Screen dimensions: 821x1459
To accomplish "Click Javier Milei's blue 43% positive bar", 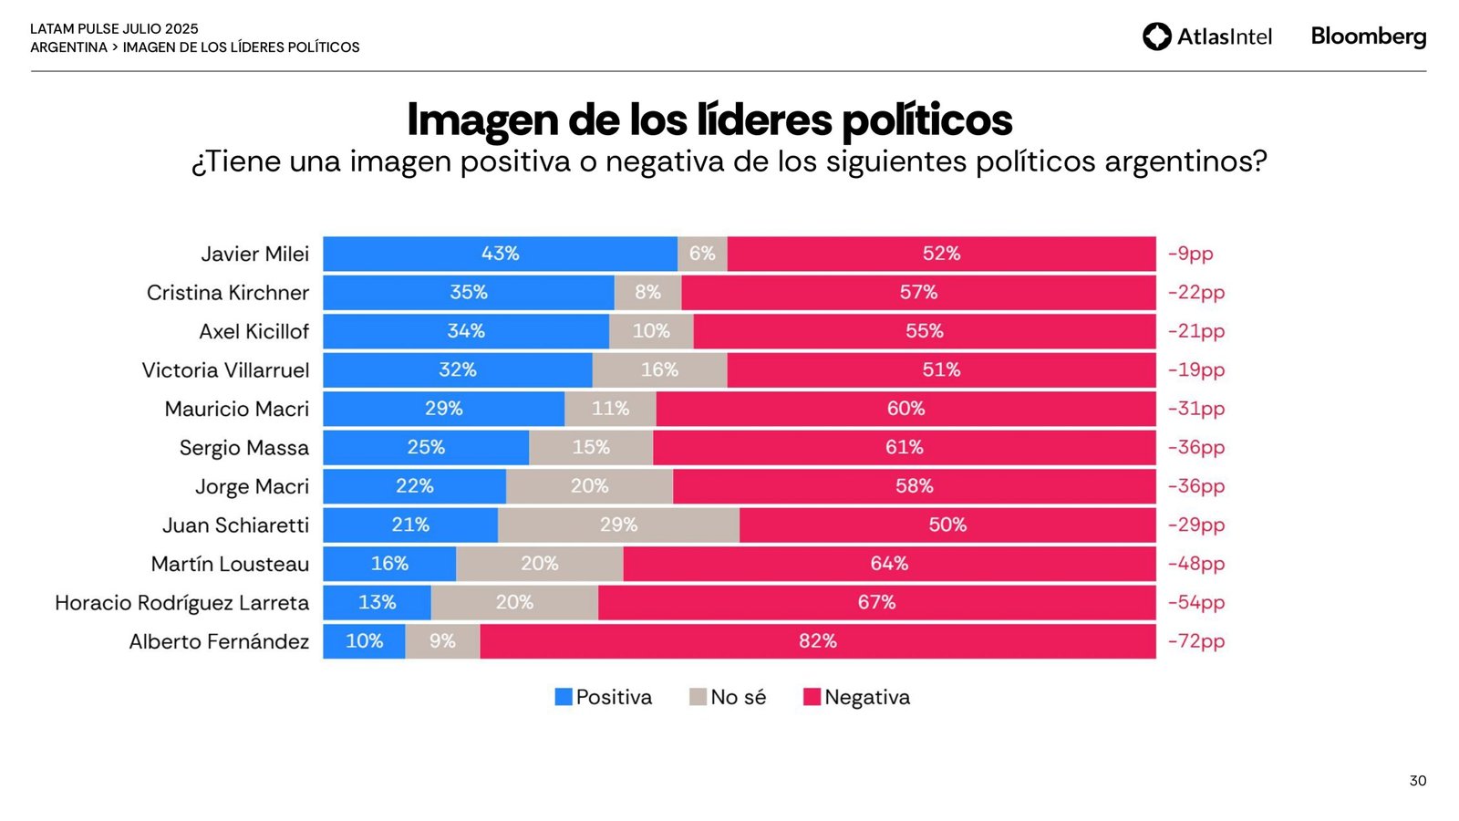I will (500, 254).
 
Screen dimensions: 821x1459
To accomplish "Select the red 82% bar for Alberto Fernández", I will (817, 641).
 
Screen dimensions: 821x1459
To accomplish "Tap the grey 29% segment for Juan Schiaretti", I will (618, 525).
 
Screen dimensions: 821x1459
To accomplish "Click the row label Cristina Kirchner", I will (228, 293).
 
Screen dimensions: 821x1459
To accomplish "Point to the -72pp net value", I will (1195, 641).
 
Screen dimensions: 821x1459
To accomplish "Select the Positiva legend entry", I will (604, 697).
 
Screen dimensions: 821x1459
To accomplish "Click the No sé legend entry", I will (728, 697).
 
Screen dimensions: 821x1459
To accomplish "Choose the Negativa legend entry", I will (856, 697).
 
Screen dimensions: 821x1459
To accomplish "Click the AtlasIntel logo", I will (1206, 36).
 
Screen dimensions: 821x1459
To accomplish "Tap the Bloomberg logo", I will (1368, 36).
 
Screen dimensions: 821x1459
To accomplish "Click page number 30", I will (1417, 781).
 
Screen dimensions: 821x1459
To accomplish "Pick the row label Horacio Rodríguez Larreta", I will (181, 603).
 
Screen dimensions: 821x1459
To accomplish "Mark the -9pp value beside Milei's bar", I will (1190, 254).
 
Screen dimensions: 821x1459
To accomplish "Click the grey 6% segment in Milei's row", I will (702, 254).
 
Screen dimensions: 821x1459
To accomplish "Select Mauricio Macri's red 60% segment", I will (905, 409).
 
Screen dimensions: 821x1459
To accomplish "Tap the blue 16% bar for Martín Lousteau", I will (389, 564).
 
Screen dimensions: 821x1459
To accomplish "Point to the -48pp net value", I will (1195, 564).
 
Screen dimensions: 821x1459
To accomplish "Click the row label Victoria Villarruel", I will (225, 370).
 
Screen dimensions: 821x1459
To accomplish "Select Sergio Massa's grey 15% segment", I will (591, 448).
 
